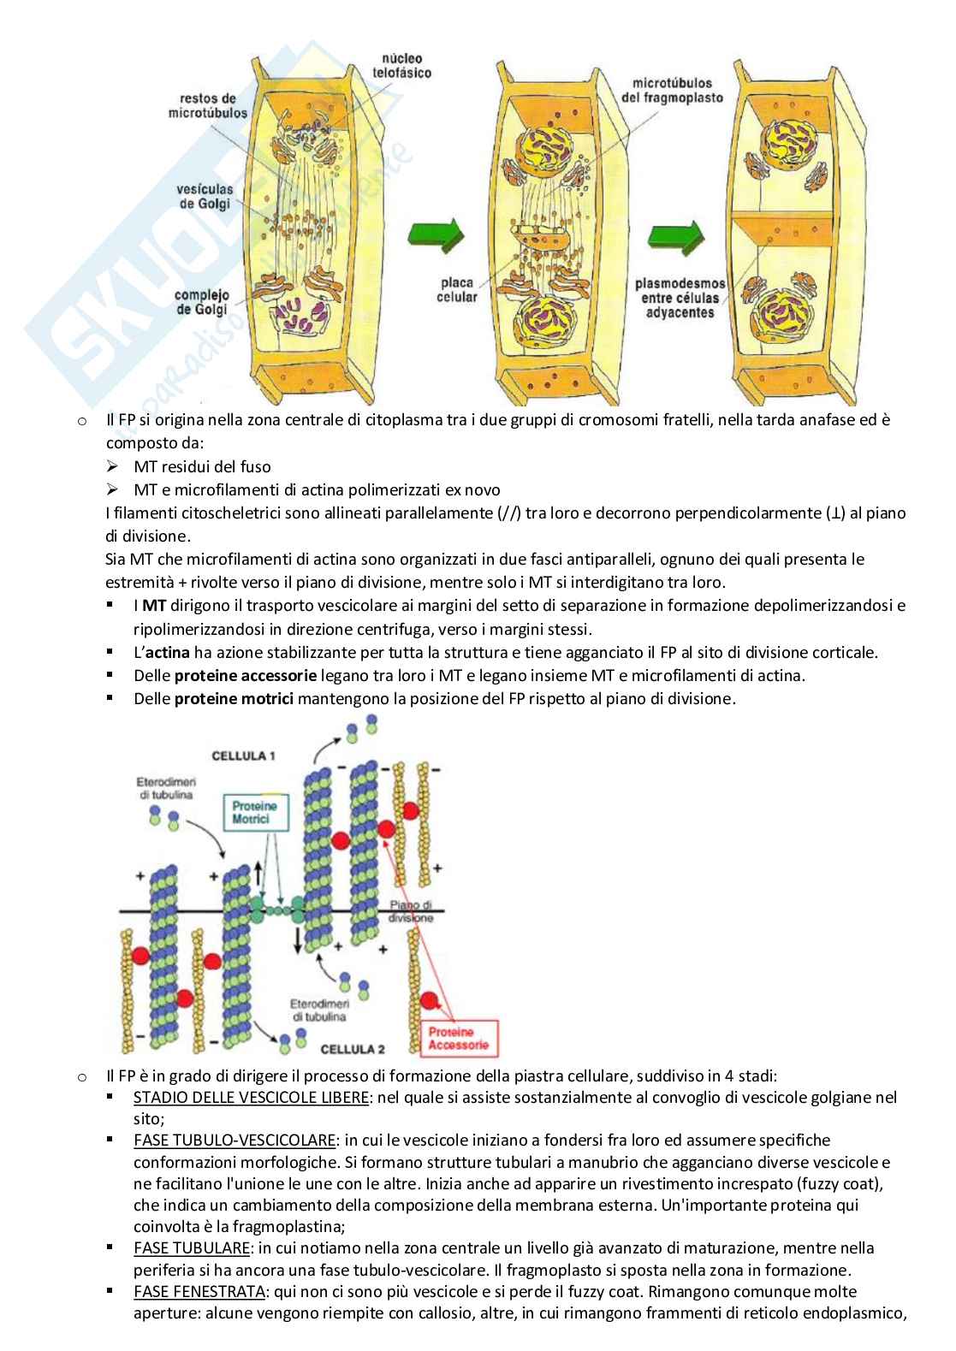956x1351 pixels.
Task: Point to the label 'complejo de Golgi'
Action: (203, 302)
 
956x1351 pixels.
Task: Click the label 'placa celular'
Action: (459, 289)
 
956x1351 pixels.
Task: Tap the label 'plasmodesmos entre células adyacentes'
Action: (679, 298)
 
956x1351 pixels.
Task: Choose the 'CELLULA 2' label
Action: (353, 1047)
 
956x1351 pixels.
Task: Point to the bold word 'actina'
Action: (167, 652)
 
